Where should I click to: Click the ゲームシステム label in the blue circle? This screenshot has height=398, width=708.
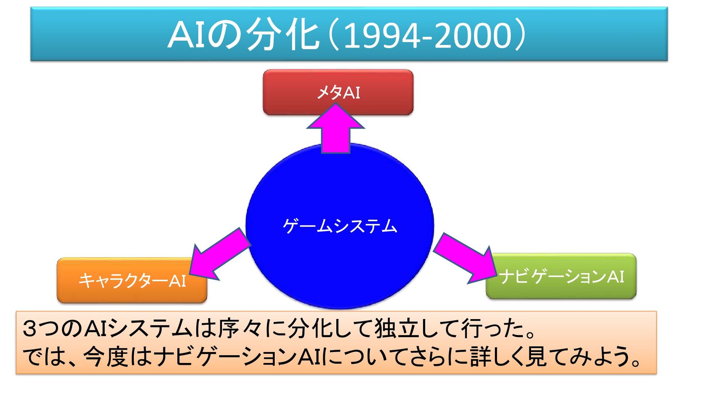click(x=340, y=226)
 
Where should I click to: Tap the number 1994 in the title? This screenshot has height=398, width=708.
click(x=382, y=36)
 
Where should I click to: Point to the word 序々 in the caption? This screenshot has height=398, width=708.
click(x=240, y=328)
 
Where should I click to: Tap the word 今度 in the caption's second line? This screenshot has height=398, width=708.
click(x=107, y=357)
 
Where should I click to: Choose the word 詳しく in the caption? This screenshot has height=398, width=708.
click(x=496, y=357)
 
